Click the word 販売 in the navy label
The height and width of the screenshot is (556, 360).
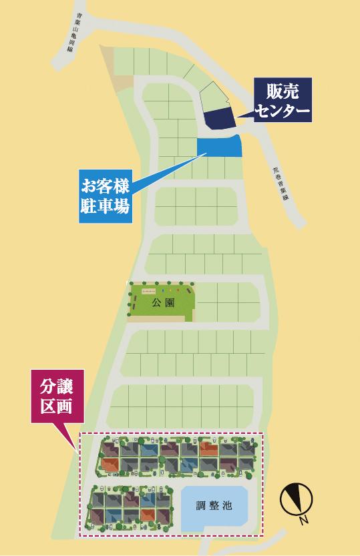(283, 92)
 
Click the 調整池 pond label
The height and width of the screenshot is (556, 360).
(214, 506)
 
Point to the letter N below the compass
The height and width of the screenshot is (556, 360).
(304, 520)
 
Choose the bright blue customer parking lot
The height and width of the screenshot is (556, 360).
(219, 145)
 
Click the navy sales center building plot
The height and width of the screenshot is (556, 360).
(218, 119)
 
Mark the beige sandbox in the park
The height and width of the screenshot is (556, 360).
(149, 292)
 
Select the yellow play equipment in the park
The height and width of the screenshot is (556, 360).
(172, 291)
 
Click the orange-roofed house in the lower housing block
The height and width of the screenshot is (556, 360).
(148, 514)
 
